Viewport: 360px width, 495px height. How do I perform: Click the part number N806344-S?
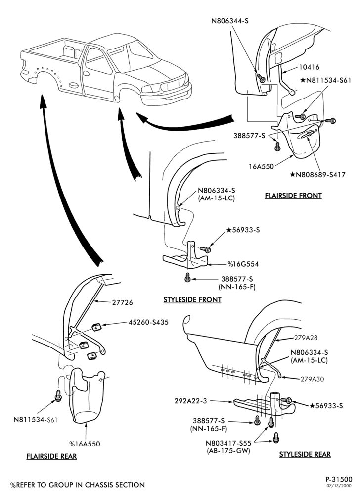[x=230, y=21]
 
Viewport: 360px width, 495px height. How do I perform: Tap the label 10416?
[x=309, y=67]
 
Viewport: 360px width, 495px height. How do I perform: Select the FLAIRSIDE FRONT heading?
[x=293, y=196]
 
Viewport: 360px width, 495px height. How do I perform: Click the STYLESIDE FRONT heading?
[x=192, y=300]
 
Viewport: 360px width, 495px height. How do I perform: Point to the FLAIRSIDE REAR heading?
[x=51, y=456]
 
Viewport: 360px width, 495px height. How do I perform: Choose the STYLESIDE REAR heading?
[x=305, y=454]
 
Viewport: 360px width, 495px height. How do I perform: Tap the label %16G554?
[x=243, y=264]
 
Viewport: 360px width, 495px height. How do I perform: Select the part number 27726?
[x=123, y=303]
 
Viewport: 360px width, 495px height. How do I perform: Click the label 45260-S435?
[x=148, y=322]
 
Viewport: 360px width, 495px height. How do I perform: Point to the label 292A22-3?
[x=191, y=401]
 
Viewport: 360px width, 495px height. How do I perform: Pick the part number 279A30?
[x=312, y=379]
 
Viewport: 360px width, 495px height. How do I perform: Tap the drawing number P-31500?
[x=339, y=480]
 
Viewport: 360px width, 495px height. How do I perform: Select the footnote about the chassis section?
[x=78, y=485]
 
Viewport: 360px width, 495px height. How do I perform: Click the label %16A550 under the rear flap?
[x=85, y=444]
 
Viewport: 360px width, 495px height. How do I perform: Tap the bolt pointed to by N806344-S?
[x=261, y=78]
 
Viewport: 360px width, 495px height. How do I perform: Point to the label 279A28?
[x=306, y=338]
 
